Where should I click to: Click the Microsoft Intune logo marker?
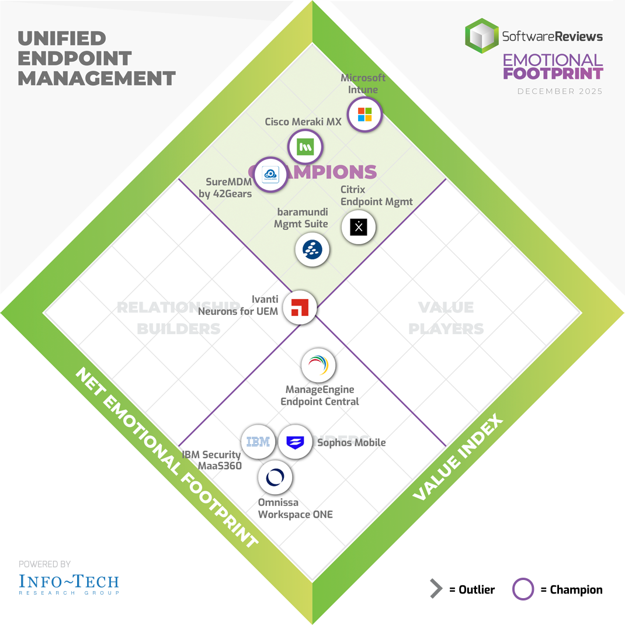[364, 114]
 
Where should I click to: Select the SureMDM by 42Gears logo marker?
[270, 174]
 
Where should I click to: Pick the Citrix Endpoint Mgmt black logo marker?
[358, 227]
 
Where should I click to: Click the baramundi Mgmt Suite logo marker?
[312, 249]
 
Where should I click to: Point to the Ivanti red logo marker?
[300, 307]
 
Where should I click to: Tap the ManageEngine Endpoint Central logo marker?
[318, 366]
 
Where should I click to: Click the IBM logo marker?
[258, 442]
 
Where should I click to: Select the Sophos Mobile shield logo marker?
[295, 442]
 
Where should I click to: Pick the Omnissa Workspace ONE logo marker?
[275, 477]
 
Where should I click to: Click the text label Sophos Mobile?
[351, 442]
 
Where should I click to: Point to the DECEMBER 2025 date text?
[560, 91]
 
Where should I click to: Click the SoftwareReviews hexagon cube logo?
[482, 36]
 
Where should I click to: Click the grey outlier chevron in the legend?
[436, 589]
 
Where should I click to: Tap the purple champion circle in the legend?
[523, 589]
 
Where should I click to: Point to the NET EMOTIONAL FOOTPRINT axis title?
[167, 458]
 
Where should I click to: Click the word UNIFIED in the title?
[62, 39]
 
